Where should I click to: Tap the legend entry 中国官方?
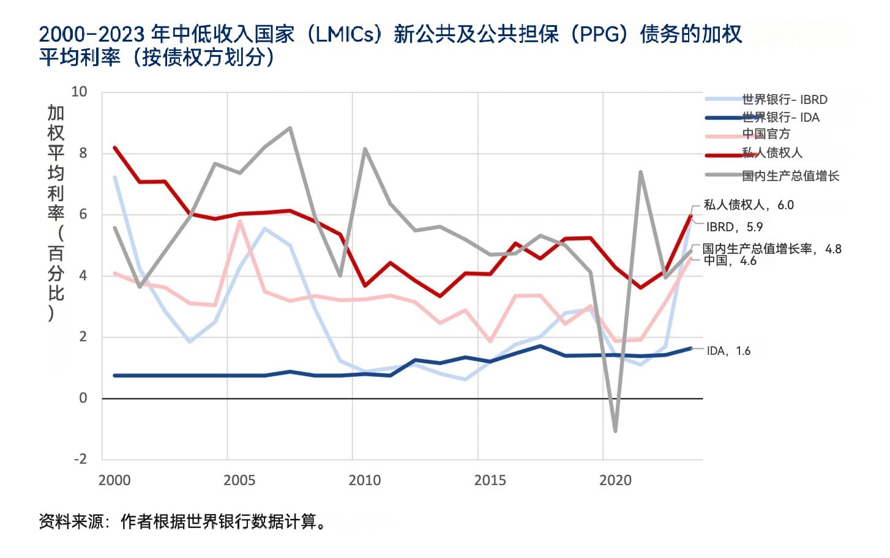click(766, 134)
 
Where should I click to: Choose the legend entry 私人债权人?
click(772, 153)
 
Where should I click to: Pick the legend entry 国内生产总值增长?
click(790, 176)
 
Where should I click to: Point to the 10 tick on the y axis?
click(80, 92)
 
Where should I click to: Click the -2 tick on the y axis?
click(80, 459)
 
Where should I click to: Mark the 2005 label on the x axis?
click(239, 480)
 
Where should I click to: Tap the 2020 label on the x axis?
click(615, 480)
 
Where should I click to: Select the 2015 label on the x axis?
click(490, 480)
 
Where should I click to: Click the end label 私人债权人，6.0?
click(748, 205)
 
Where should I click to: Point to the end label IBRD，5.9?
click(734, 227)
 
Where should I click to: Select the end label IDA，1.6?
click(728, 351)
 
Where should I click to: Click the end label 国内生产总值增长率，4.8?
click(771, 248)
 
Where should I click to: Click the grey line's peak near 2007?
click(290, 128)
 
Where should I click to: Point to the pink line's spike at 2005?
click(239, 221)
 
